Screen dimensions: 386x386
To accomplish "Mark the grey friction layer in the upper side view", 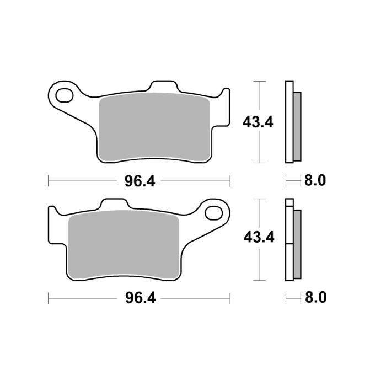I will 297,127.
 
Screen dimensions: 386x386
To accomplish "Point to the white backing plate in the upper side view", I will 288,122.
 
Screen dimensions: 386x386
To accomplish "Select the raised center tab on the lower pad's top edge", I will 114,205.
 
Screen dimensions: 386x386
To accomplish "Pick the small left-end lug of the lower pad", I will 53,212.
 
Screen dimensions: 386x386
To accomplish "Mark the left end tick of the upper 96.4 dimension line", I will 49,180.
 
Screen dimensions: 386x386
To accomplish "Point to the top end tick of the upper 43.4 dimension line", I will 258,81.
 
